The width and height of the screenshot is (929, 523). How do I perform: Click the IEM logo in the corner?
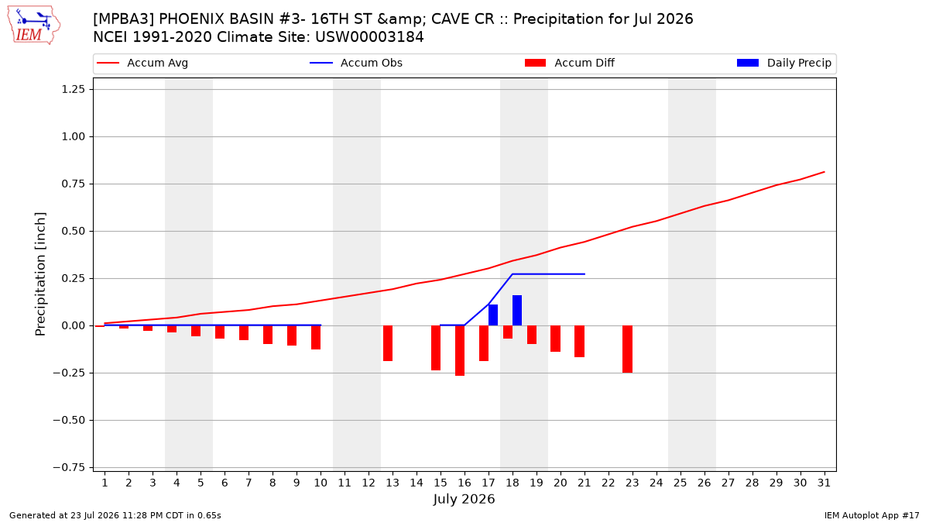pyautogui.click(x=34, y=26)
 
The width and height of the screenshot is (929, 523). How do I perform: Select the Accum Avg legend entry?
pyautogui.click(x=142, y=63)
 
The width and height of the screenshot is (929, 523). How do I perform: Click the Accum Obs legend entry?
pyautogui.click(x=356, y=63)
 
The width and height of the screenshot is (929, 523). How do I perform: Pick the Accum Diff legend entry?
pyautogui.click(x=570, y=63)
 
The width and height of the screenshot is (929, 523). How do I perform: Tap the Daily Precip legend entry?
pyautogui.click(x=783, y=63)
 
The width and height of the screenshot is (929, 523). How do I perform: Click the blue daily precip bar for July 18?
pyautogui.click(x=517, y=311)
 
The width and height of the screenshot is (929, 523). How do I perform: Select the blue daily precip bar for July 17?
pyautogui.click(x=493, y=315)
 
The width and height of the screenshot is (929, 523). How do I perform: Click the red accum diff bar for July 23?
pyautogui.click(x=628, y=349)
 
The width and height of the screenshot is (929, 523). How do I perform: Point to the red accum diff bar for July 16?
pyautogui.click(x=460, y=351)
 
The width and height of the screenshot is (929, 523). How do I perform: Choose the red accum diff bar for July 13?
pyautogui.click(x=388, y=343)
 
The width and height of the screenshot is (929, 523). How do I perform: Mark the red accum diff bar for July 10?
pyautogui.click(x=316, y=338)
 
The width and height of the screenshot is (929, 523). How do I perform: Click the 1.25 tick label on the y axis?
pyautogui.click(x=74, y=89)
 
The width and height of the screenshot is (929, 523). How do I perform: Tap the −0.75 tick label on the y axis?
pyautogui.click(x=69, y=468)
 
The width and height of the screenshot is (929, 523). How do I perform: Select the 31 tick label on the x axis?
pyautogui.click(x=824, y=483)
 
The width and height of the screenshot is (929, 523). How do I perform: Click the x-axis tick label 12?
pyautogui.click(x=369, y=483)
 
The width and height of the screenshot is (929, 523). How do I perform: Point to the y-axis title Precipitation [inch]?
pyautogui.click(x=40, y=274)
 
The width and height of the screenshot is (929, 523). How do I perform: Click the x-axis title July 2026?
pyautogui.click(x=464, y=499)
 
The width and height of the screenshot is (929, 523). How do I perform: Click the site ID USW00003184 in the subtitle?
pyautogui.click(x=369, y=37)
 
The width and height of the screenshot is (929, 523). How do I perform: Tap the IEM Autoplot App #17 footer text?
pyautogui.click(x=872, y=515)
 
